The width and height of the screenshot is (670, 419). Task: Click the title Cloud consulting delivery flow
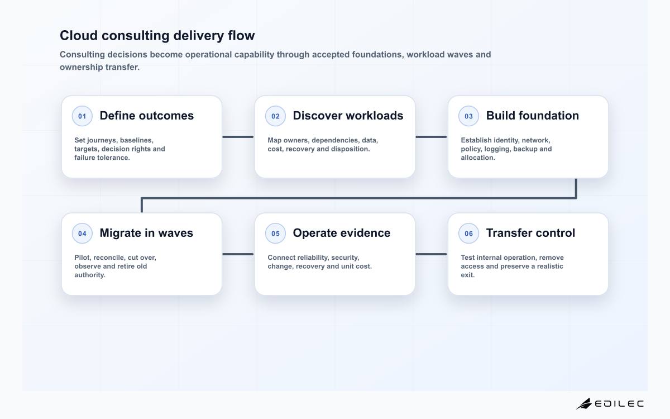tap(157, 35)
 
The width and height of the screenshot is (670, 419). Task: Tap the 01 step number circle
tap(82, 116)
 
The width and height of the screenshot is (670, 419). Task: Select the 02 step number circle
tap(275, 116)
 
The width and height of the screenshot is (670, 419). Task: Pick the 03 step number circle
tap(468, 116)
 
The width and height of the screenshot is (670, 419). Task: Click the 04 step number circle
tap(82, 234)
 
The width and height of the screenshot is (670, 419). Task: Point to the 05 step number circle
tap(275, 234)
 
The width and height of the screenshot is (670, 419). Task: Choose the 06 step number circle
tap(468, 234)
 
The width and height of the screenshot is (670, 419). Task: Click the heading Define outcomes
tap(146, 116)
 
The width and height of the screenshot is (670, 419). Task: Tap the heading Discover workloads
tap(348, 116)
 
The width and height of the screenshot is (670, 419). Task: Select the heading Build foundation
tap(533, 116)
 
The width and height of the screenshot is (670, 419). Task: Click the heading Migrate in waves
tap(146, 233)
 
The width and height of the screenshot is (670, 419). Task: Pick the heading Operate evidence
tap(342, 233)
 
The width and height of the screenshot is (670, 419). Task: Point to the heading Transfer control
tap(530, 233)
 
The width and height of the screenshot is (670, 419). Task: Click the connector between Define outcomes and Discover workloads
tap(238, 137)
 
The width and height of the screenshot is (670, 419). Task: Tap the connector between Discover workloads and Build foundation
tap(431, 137)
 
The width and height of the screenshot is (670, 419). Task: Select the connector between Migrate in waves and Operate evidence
tap(238, 254)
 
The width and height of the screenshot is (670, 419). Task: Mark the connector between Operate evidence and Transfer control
tap(431, 254)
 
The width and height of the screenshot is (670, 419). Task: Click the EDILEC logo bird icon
tap(584, 403)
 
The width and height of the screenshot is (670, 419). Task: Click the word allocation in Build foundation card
tap(478, 158)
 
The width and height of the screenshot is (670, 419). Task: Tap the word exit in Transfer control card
tap(468, 275)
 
